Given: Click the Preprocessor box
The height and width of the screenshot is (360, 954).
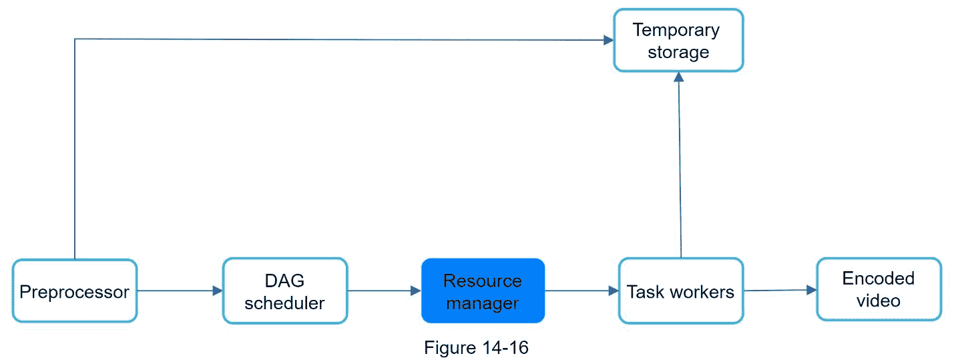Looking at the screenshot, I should (x=75, y=291).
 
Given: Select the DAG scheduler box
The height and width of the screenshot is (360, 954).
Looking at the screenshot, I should (x=285, y=291).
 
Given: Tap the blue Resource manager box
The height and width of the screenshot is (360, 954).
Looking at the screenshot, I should (x=483, y=291).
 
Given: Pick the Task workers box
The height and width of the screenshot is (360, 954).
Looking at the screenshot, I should (x=680, y=291).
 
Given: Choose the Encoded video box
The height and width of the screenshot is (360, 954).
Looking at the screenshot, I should (x=879, y=289).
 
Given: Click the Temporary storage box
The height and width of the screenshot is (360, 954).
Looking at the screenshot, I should (x=678, y=40).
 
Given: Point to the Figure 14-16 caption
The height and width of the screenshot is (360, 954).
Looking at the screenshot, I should (x=476, y=347).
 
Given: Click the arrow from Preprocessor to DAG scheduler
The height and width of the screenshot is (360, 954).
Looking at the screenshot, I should (x=179, y=291).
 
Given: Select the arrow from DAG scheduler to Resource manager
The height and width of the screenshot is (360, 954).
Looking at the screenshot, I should (x=384, y=291).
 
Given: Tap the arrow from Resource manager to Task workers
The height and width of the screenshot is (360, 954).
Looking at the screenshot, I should (x=581, y=291).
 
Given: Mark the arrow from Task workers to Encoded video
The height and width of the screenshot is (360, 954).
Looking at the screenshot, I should (x=780, y=290).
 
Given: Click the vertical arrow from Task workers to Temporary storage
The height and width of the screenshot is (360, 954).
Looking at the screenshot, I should (x=680, y=167).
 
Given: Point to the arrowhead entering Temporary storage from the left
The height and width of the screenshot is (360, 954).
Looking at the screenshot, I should (x=608, y=40).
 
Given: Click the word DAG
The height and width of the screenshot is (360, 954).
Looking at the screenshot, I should (x=284, y=281).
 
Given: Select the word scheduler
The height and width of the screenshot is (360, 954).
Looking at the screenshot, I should (x=284, y=303).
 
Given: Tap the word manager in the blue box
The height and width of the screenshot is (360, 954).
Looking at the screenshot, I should (x=483, y=303).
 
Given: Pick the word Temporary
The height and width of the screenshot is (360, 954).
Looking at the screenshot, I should (x=676, y=30).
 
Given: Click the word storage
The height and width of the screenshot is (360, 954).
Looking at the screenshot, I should (x=678, y=51).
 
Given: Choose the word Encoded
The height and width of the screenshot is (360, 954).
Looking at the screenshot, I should (x=878, y=279).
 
